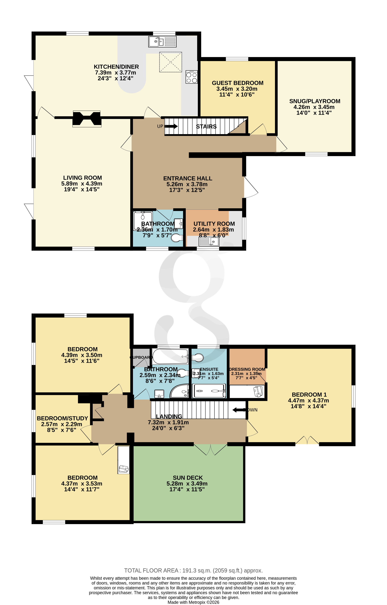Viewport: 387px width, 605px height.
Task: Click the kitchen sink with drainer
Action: pos(162,41)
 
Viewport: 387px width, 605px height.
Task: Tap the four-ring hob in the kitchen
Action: pos(192,77)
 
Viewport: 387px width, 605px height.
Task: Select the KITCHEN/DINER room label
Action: pos(116,67)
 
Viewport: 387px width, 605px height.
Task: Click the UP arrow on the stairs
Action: pos(171,126)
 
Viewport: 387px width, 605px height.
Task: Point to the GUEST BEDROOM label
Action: pos(237,83)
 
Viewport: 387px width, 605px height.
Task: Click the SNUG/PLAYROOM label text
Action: pos(315,101)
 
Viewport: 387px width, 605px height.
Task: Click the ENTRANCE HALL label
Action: pos(188,178)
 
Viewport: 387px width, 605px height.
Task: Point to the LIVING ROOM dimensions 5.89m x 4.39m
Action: pos(82,184)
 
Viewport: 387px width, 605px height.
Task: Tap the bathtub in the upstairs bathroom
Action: pos(170,356)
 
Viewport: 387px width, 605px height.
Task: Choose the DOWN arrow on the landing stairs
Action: pos(238,410)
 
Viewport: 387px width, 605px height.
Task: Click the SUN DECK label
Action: pos(188,478)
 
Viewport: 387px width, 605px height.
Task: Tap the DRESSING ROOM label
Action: pos(247,369)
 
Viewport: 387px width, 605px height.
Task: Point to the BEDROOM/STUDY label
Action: pos(62,418)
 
